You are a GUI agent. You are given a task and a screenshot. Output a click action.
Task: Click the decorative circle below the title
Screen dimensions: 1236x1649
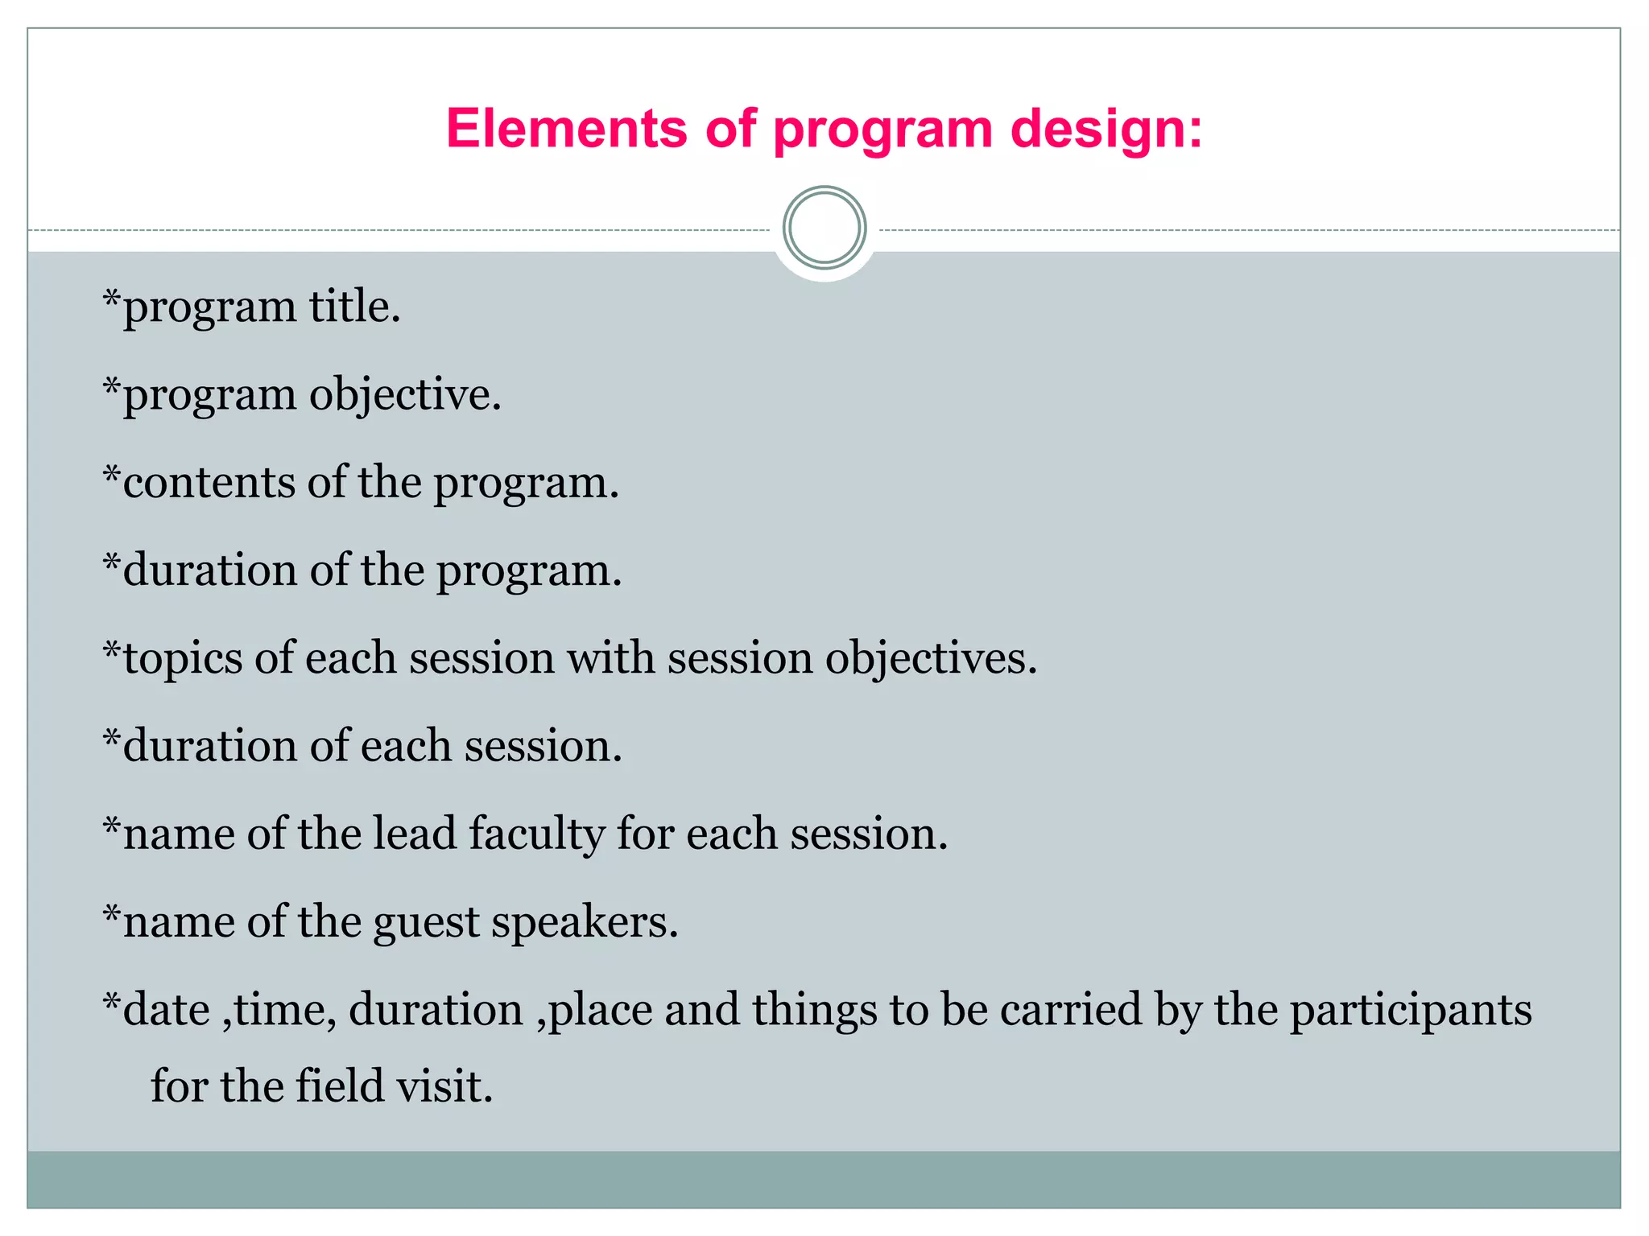[x=824, y=228]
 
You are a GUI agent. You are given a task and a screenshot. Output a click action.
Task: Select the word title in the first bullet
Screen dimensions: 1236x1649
[x=355, y=307]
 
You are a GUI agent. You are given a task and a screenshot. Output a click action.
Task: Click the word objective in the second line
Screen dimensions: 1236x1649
[x=405, y=396]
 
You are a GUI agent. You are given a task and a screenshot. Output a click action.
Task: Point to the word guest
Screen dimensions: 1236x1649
[x=427, y=922]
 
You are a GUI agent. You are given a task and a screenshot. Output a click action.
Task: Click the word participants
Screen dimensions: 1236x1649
[x=1411, y=1011]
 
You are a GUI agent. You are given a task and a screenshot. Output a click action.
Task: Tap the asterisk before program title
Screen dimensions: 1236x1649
[x=112, y=299]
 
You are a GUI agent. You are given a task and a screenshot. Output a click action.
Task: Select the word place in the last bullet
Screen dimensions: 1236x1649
[x=600, y=1011]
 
